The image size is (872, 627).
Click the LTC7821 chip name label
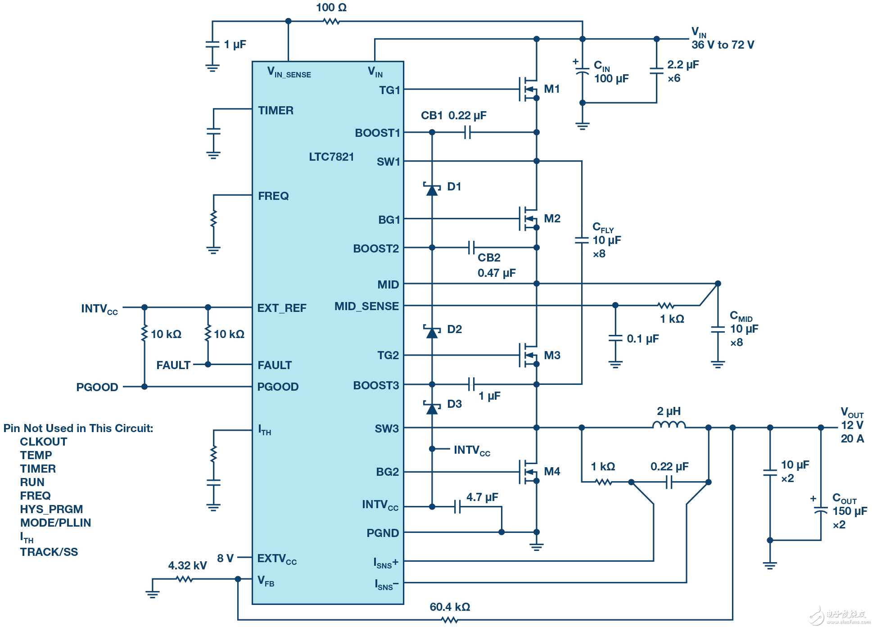[331, 157]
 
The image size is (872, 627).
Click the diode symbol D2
[432, 332]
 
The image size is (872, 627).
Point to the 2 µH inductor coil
[669, 425]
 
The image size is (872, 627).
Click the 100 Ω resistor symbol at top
[332, 21]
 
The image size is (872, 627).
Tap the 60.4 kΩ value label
[450, 607]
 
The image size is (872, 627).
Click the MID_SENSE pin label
[366, 307]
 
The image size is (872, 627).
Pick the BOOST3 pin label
[376, 385]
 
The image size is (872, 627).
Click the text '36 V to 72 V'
[723, 45]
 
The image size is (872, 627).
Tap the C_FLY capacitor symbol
[582, 240]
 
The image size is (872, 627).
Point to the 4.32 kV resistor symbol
[184, 579]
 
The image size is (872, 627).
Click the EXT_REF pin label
[282, 308]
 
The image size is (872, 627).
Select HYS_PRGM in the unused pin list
[51, 509]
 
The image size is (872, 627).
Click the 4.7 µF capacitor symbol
[457, 507]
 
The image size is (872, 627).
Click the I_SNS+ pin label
[386, 563]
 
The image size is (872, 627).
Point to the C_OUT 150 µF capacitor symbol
[821, 511]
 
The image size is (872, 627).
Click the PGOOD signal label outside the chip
[97, 387]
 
